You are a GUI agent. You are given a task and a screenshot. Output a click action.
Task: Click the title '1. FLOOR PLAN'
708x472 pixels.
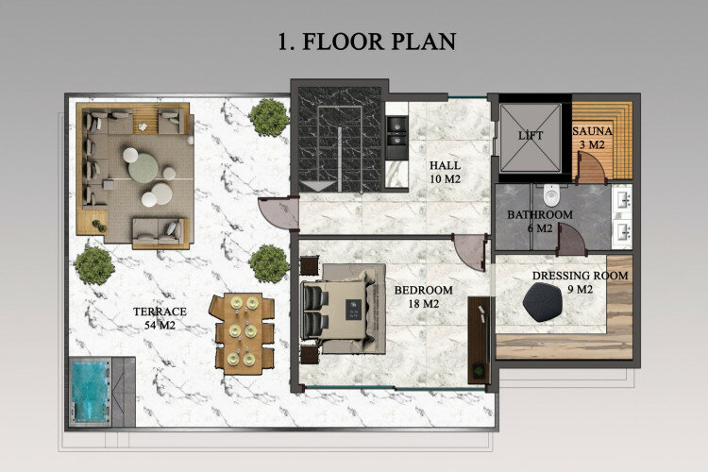[366, 42]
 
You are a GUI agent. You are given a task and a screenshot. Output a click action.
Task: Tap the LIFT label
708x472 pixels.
[531, 136]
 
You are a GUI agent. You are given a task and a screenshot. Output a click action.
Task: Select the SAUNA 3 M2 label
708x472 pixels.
[593, 137]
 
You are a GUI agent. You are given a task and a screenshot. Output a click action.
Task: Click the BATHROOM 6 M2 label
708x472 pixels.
[540, 221]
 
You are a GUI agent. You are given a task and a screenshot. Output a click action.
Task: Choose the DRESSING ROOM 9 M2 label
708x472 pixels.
[581, 282]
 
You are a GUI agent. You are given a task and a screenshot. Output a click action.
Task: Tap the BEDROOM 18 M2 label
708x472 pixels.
[423, 296]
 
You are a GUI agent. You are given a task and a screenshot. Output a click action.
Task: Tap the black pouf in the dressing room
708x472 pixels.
[544, 304]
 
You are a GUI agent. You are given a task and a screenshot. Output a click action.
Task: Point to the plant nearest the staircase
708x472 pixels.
[269, 116]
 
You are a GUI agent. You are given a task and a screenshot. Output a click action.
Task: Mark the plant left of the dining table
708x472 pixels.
[94, 265]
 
